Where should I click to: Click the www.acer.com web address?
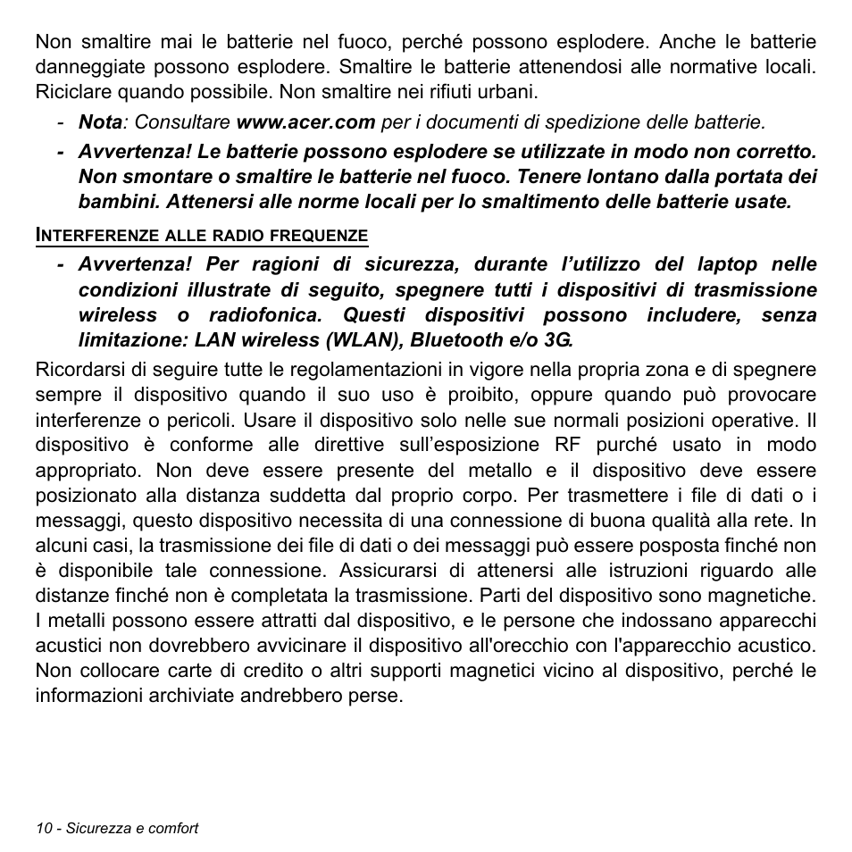point(305,121)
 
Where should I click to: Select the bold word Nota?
point(100,121)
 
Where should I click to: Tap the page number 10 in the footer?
point(44,828)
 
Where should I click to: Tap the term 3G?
point(557,339)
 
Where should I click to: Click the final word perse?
point(379,695)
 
